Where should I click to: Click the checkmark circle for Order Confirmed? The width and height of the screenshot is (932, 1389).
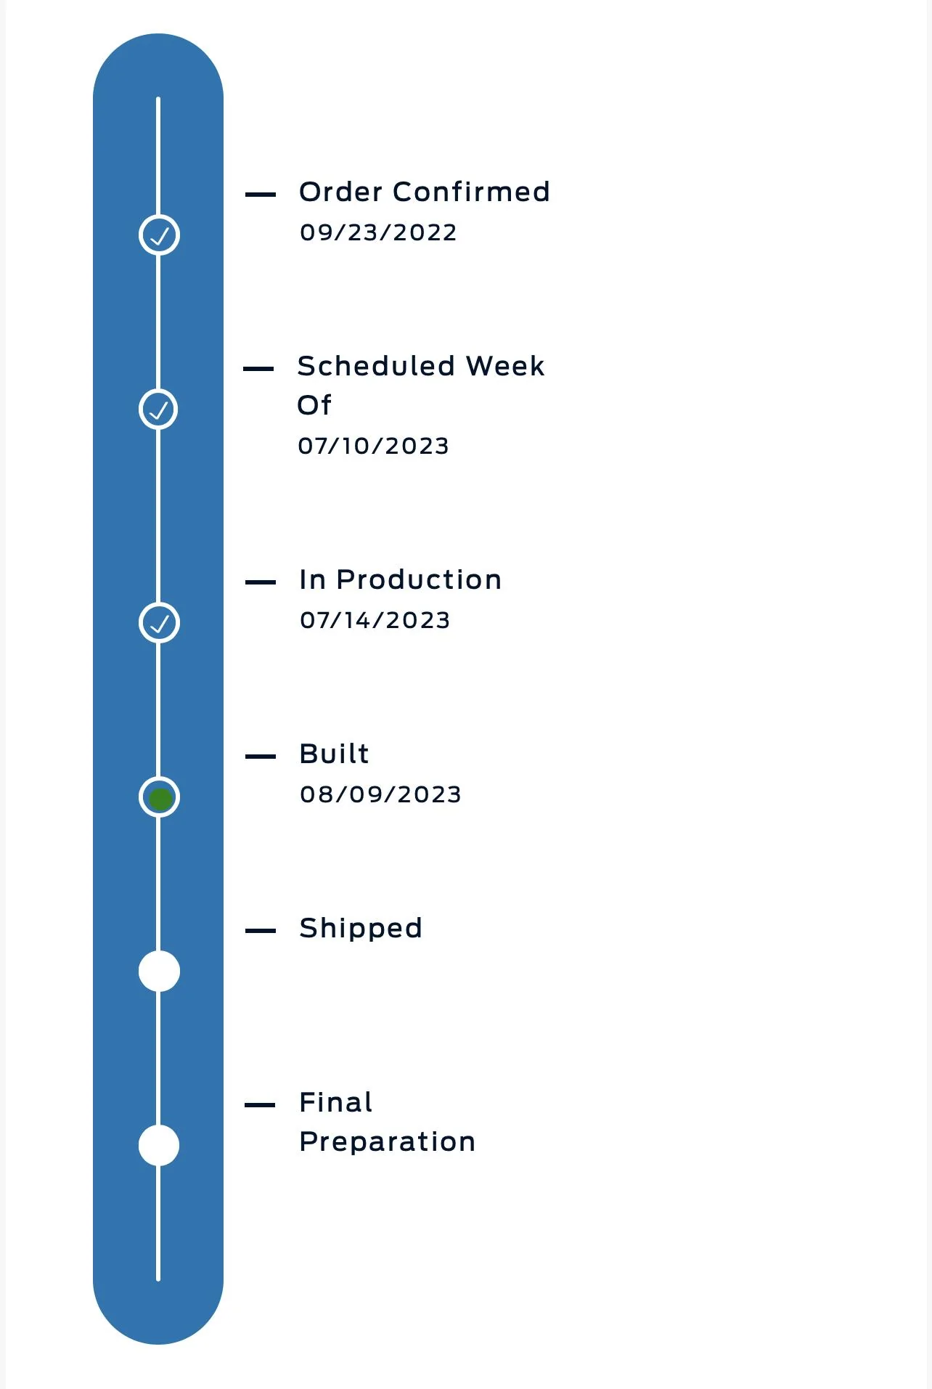[159, 235]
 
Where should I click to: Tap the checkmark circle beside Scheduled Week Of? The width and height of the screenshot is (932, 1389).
[158, 410]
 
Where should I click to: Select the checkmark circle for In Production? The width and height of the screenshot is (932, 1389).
[159, 623]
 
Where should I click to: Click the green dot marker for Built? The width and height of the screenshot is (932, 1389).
[159, 797]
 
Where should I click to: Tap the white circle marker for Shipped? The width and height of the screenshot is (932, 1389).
[159, 972]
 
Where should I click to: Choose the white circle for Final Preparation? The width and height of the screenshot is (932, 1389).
[159, 1146]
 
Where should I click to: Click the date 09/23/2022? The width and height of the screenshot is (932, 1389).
[378, 232]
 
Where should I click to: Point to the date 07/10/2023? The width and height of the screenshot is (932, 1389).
[373, 446]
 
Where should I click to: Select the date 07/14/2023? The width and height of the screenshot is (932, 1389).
[375, 620]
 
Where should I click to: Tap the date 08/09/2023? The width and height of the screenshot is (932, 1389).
[380, 794]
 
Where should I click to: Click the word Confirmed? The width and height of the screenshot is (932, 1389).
[471, 192]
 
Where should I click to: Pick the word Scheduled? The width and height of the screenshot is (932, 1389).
[376, 366]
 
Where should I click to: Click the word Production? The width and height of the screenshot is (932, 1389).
[419, 579]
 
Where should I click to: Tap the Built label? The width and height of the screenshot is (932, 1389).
[335, 754]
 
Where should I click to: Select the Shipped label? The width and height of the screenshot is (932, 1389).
[361, 929]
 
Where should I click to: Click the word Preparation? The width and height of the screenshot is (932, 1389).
[388, 1142]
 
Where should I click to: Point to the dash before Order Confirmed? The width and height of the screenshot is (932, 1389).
[261, 195]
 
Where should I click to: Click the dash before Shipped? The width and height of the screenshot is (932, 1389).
[261, 931]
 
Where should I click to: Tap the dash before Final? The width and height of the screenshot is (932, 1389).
[261, 1105]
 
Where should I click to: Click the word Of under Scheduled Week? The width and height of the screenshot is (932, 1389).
[314, 405]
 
